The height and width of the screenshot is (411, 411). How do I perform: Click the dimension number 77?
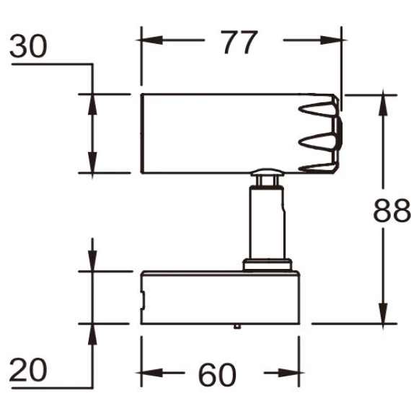[x=239, y=42]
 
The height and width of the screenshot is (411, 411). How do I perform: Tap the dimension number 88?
[x=392, y=210]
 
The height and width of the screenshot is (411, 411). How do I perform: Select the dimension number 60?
[x=217, y=374]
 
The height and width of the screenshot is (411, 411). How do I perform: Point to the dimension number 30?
[x=28, y=46]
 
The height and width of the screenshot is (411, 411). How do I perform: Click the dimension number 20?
[x=28, y=370]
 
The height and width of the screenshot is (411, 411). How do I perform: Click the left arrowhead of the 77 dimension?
[x=151, y=40]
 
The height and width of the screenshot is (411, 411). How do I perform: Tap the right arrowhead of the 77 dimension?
[x=331, y=40]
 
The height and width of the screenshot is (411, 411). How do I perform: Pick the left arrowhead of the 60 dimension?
[x=151, y=373]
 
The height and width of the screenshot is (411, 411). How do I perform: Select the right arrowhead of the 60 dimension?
[x=288, y=373]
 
